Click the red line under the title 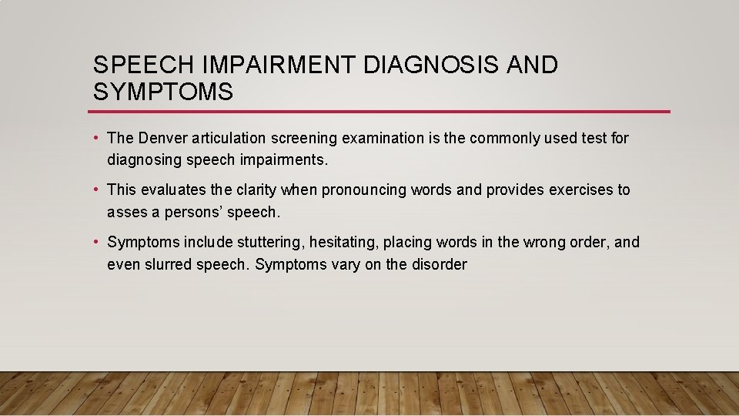click(381, 112)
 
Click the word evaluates click(172, 190)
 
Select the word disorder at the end click(439, 264)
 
